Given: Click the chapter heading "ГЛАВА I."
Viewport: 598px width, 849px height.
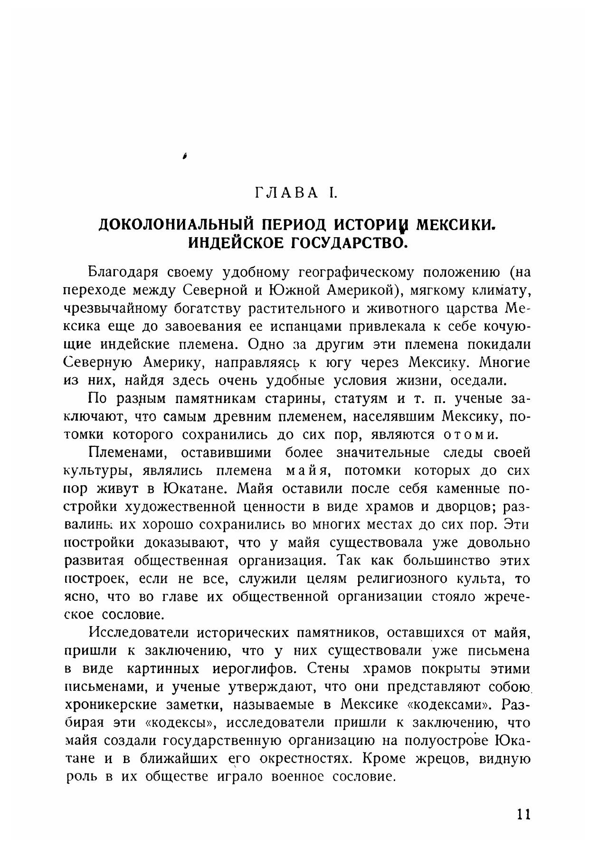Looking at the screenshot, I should point(296,193).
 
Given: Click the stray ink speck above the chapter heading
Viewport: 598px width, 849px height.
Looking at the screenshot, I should point(184,155).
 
